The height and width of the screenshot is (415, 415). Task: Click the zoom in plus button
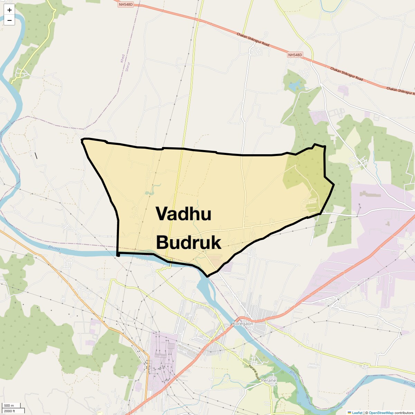(9, 10)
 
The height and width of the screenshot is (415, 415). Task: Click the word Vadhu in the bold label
(183, 214)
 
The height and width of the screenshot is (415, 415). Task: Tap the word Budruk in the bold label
(188, 242)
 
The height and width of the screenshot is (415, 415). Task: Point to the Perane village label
(269, 380)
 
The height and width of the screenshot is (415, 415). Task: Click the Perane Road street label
(254, 371)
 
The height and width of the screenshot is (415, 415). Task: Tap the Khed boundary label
(122, 58)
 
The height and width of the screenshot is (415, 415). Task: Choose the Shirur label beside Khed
(127, 66)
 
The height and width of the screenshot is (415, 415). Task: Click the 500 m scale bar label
(9, 406)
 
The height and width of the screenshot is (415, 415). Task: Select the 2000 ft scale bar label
(10, 411)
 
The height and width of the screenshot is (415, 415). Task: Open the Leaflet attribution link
(357, 413)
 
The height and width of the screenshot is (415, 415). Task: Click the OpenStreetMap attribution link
(381, 413)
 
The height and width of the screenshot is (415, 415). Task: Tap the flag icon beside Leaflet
(349, 413)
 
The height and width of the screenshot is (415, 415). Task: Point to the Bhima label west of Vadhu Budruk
(54, 248)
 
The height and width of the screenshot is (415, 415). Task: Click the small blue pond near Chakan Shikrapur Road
(295, 85)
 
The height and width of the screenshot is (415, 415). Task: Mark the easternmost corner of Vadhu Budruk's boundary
(334, 185)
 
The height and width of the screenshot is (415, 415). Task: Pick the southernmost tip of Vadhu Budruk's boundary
(207, 277)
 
